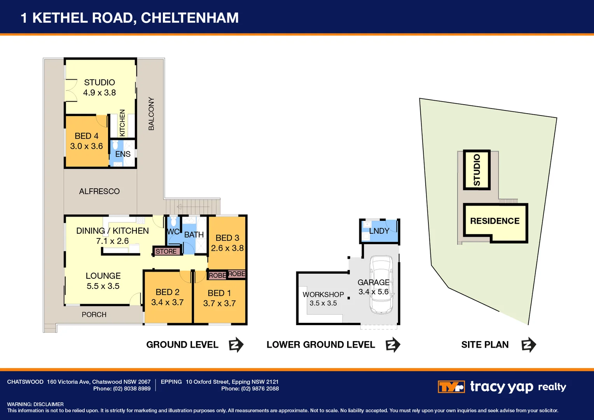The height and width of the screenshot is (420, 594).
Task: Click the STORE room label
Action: tap(166, 252)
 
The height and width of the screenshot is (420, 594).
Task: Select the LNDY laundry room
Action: tap(379, 231)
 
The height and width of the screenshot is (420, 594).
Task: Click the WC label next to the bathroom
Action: tap(173, 232)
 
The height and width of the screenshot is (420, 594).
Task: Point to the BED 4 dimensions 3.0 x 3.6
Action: tap(86, 146)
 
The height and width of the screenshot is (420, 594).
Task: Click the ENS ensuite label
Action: tap(123, 154)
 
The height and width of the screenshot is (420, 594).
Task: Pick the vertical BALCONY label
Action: tap(151, 114)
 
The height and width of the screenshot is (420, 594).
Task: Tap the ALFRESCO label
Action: tap(99, 191)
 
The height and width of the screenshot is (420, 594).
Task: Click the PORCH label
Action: tap(94, 315)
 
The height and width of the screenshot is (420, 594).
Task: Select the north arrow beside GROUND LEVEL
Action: tap(236, 345)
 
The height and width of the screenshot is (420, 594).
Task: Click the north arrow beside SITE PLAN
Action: tap(528, 345)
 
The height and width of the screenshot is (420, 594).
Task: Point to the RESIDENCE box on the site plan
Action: tap(495, 221)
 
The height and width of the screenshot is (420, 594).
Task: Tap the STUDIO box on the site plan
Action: tap(477, 170)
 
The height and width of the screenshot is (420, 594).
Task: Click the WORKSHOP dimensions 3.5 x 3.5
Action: tap(323, 303)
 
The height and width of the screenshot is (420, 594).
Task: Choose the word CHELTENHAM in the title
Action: tap(190, 18)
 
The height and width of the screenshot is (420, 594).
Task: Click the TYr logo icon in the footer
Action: tap(451, 387)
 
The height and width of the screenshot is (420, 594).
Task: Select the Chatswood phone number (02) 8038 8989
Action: tap(131, 388)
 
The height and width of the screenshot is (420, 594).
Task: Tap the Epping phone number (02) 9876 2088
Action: tap(260, 388)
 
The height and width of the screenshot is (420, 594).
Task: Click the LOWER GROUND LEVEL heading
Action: tap(321, 345)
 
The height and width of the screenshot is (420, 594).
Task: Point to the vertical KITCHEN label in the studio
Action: tap(122, 123)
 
